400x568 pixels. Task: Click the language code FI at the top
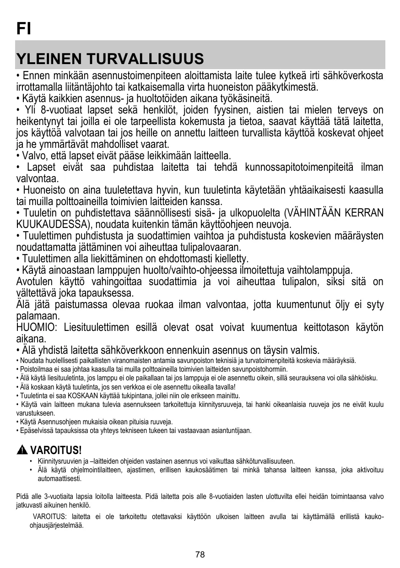pos(23,29)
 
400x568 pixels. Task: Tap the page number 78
pos(200,555)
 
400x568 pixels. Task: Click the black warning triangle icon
pos(22,450)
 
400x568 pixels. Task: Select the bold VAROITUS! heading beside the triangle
pos(55,450)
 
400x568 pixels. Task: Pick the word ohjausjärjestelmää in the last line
pos(56,525)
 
